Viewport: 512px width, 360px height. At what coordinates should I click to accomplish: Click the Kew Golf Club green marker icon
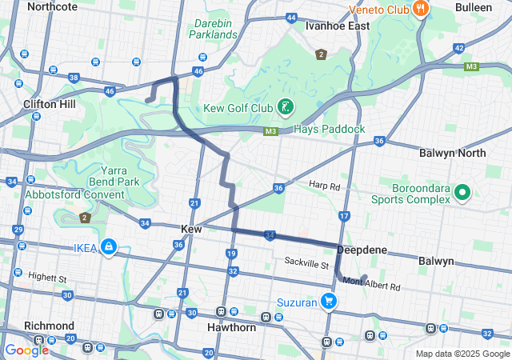click(284, 106)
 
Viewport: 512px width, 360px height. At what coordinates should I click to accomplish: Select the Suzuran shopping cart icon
click(328, 302)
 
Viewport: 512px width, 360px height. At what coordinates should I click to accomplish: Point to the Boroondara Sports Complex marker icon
click(462, 193)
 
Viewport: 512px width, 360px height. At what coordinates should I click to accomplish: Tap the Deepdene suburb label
click(362, 250)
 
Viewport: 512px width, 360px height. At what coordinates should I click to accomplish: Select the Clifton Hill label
click(50, 104)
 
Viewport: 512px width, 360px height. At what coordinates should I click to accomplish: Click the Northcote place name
click(52, 6)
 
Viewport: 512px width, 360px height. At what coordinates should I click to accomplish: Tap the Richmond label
click(49, 326)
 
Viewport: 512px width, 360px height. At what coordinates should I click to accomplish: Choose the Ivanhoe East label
click(338, 26)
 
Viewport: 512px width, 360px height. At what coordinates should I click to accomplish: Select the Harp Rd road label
click(325, 186)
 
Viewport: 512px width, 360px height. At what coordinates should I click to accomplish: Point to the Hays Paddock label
click(329, 129)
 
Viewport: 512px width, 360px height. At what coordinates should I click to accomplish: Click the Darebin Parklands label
click(215, 28)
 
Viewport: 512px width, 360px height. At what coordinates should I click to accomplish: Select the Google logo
click(26, 350)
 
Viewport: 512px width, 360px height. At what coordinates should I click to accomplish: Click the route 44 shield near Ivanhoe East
click(291, 17)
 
